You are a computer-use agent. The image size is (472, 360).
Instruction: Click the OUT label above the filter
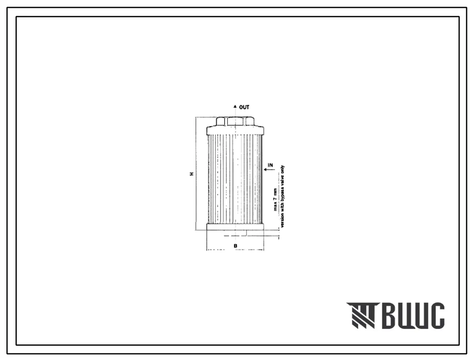pyautogui.click(x=244, y=107)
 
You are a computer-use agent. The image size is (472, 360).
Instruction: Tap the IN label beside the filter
pyautogui.click(x=270, y=165)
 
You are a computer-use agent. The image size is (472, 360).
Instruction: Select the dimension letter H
pyautogui.click(x=191, y=174)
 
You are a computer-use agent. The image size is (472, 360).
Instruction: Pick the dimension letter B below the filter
pyautogui.click(x=235, y=246)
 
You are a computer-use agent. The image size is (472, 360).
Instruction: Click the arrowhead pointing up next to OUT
pyautogui.click(x=235, y=106)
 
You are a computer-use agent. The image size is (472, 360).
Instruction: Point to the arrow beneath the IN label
pyautogui.click(x=269, y=170)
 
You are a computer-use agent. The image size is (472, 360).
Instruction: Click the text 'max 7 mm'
pyautogui.click(x=275, y=200)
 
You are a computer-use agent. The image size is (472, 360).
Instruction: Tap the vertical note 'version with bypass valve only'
pyautogui.click(x=282, y=196)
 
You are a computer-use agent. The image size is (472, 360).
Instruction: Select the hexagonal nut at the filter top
pyautogui.click(x=235, y=122)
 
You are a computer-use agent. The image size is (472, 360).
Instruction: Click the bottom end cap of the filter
pyautogui.click(x=235, y=227)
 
